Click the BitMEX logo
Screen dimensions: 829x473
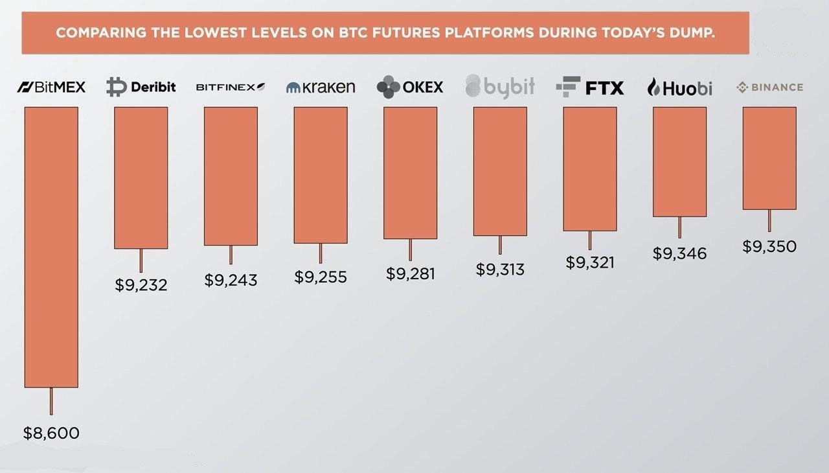point(51,87)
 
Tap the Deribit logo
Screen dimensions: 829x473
point(141,87)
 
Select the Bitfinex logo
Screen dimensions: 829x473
point(231,87)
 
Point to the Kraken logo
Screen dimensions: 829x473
point(321,87)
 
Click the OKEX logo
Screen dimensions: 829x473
point(410,87)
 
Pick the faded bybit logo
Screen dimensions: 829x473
point(500,87)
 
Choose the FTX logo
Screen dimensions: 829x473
point(590,87)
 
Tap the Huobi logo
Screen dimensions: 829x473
point(679,87)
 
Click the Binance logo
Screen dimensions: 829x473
point(770,87)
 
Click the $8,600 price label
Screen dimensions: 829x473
point(51,433)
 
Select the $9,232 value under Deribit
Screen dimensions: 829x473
point(141,285)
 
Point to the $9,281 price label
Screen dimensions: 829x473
point(411,274)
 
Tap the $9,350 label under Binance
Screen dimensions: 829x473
point(769,246)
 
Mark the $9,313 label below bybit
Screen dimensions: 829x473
point(500,270)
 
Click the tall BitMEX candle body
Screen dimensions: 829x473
point(51,248)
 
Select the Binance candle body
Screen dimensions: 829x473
point(769,158)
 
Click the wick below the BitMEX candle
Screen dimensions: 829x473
point(51,401)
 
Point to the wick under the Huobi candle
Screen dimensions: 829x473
point(679,227)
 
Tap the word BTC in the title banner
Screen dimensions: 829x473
point(355,33)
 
